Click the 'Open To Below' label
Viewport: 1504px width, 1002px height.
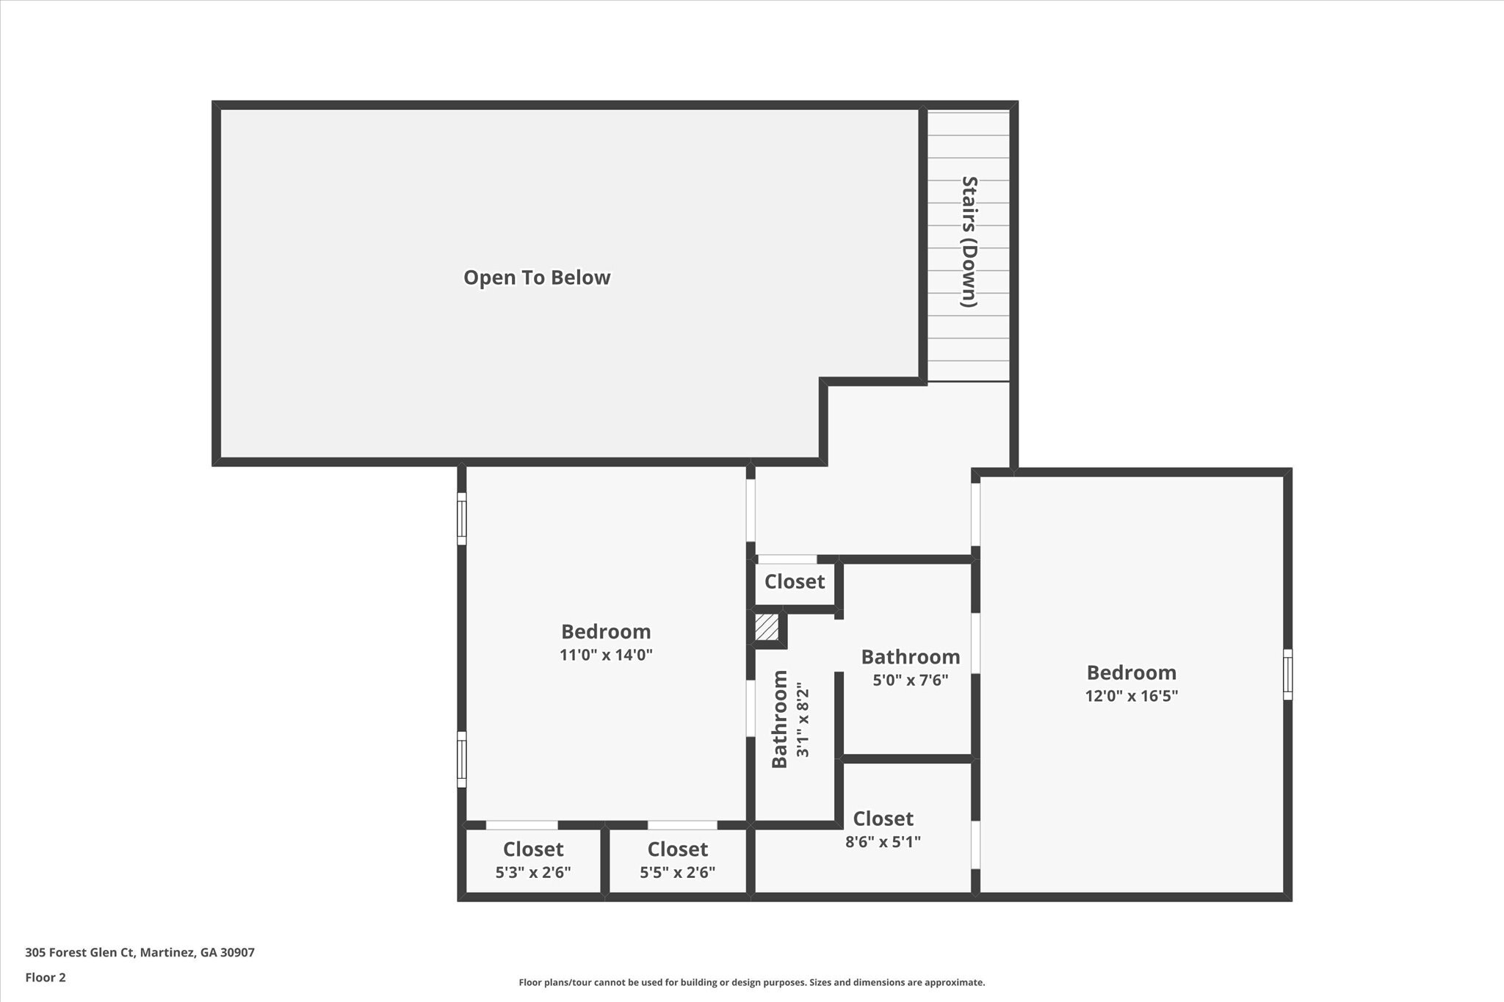(537, 277)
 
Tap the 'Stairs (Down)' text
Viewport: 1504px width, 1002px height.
(969, 242)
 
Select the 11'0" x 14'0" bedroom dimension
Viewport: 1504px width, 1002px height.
(606, 655)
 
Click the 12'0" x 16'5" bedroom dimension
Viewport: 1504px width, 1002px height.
(1131, 696)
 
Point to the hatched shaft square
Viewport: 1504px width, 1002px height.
(767, 628)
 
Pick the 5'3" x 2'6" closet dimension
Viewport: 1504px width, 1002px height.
(533, 873)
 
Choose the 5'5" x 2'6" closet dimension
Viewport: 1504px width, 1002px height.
(677, 873)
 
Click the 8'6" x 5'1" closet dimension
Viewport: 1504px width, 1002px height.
(883, 842)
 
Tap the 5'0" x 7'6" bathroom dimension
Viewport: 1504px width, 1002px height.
(910, 680)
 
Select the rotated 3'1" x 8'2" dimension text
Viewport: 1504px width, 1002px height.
(802, 720)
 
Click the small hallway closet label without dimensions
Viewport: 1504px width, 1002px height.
(795, 582)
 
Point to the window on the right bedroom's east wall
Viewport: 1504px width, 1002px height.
(1287, 674)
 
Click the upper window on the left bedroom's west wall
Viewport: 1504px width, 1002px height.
(462, 518)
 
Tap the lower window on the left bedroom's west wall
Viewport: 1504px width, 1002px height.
(462, 759)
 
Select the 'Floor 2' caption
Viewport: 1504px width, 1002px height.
(46, 978)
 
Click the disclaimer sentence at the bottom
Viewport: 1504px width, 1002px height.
(751, 982)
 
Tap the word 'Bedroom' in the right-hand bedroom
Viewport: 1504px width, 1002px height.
(1131, 672)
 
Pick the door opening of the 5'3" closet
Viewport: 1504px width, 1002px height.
(521, 825)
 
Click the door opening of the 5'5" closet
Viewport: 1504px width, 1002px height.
(681, 825)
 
